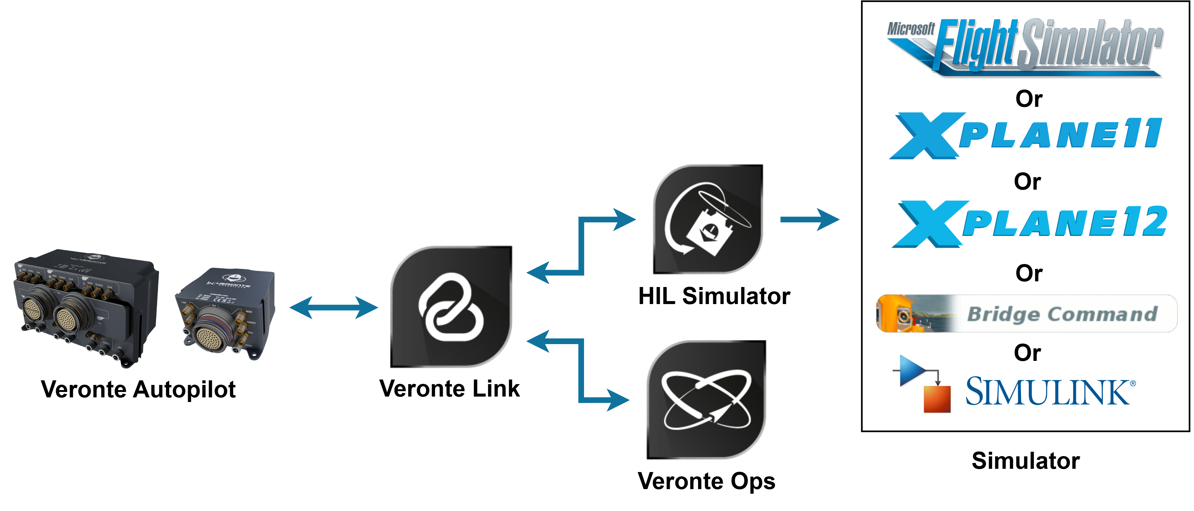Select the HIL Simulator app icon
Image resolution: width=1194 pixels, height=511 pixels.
click(708, 219)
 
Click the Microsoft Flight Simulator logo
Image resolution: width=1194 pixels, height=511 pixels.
click(1024, 46)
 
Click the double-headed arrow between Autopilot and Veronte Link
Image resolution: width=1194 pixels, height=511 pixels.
click(333, 307)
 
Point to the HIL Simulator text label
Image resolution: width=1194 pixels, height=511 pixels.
click(714, 296)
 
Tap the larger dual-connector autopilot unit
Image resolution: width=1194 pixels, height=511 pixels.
click(86, 306)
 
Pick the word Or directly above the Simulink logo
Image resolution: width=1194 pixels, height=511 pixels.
click(1027, 353)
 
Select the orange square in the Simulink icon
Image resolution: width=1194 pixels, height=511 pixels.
click(937, 399)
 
